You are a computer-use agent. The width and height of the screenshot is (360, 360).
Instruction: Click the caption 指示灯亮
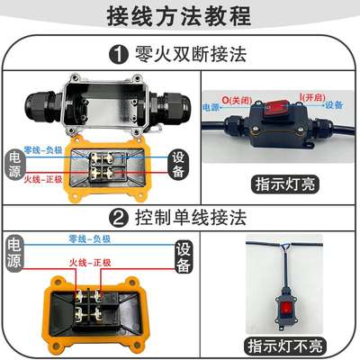(289, 185)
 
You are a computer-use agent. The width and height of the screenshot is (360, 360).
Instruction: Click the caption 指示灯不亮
(289, 345)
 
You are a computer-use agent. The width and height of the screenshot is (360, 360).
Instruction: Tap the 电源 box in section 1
(13, 163)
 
